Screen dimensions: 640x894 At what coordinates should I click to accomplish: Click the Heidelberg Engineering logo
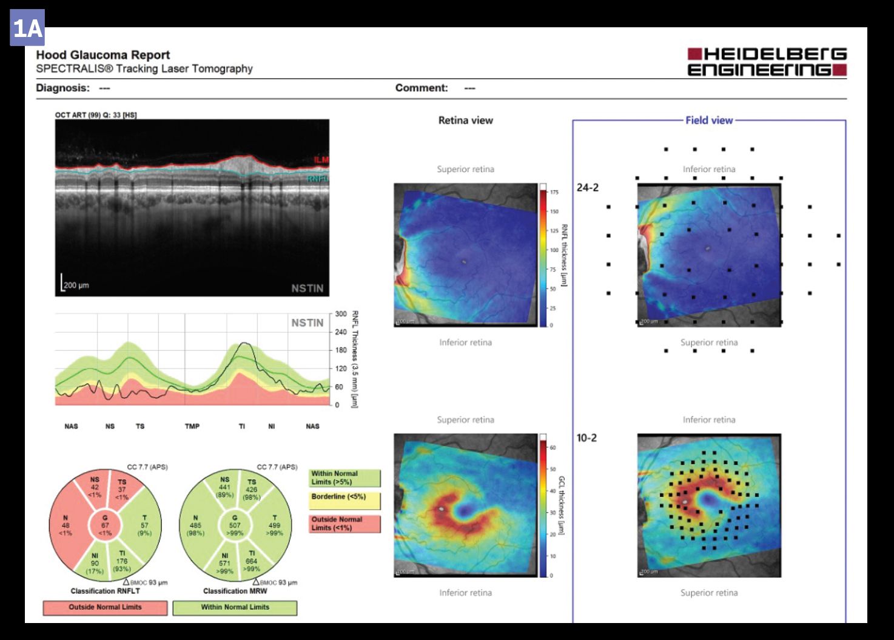767,62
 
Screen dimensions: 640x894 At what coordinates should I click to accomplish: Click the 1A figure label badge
27,28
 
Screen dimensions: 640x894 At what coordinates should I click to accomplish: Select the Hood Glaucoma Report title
103,55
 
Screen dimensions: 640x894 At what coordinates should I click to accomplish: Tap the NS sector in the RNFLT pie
94,487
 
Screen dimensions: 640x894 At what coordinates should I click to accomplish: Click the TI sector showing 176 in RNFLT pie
122,561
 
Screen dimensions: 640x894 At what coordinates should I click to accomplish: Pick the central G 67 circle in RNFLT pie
105,525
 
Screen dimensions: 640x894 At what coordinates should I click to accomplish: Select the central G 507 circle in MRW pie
235,525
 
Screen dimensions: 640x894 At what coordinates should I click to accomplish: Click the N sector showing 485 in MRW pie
196,525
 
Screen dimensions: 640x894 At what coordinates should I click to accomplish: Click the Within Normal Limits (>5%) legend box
344,478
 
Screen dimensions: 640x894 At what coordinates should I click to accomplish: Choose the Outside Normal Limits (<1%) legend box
344,524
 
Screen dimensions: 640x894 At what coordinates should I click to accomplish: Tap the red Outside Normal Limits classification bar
105,607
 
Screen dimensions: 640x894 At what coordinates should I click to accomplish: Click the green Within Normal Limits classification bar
235,607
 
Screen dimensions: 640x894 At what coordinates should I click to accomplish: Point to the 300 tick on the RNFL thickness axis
341,314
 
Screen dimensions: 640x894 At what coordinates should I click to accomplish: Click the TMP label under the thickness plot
192,426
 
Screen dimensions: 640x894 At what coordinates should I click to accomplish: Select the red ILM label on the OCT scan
321,160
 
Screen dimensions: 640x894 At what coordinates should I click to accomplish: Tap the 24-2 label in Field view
587,188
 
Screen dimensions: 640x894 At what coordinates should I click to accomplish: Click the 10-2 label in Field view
586,438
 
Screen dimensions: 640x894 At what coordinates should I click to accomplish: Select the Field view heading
709,120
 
